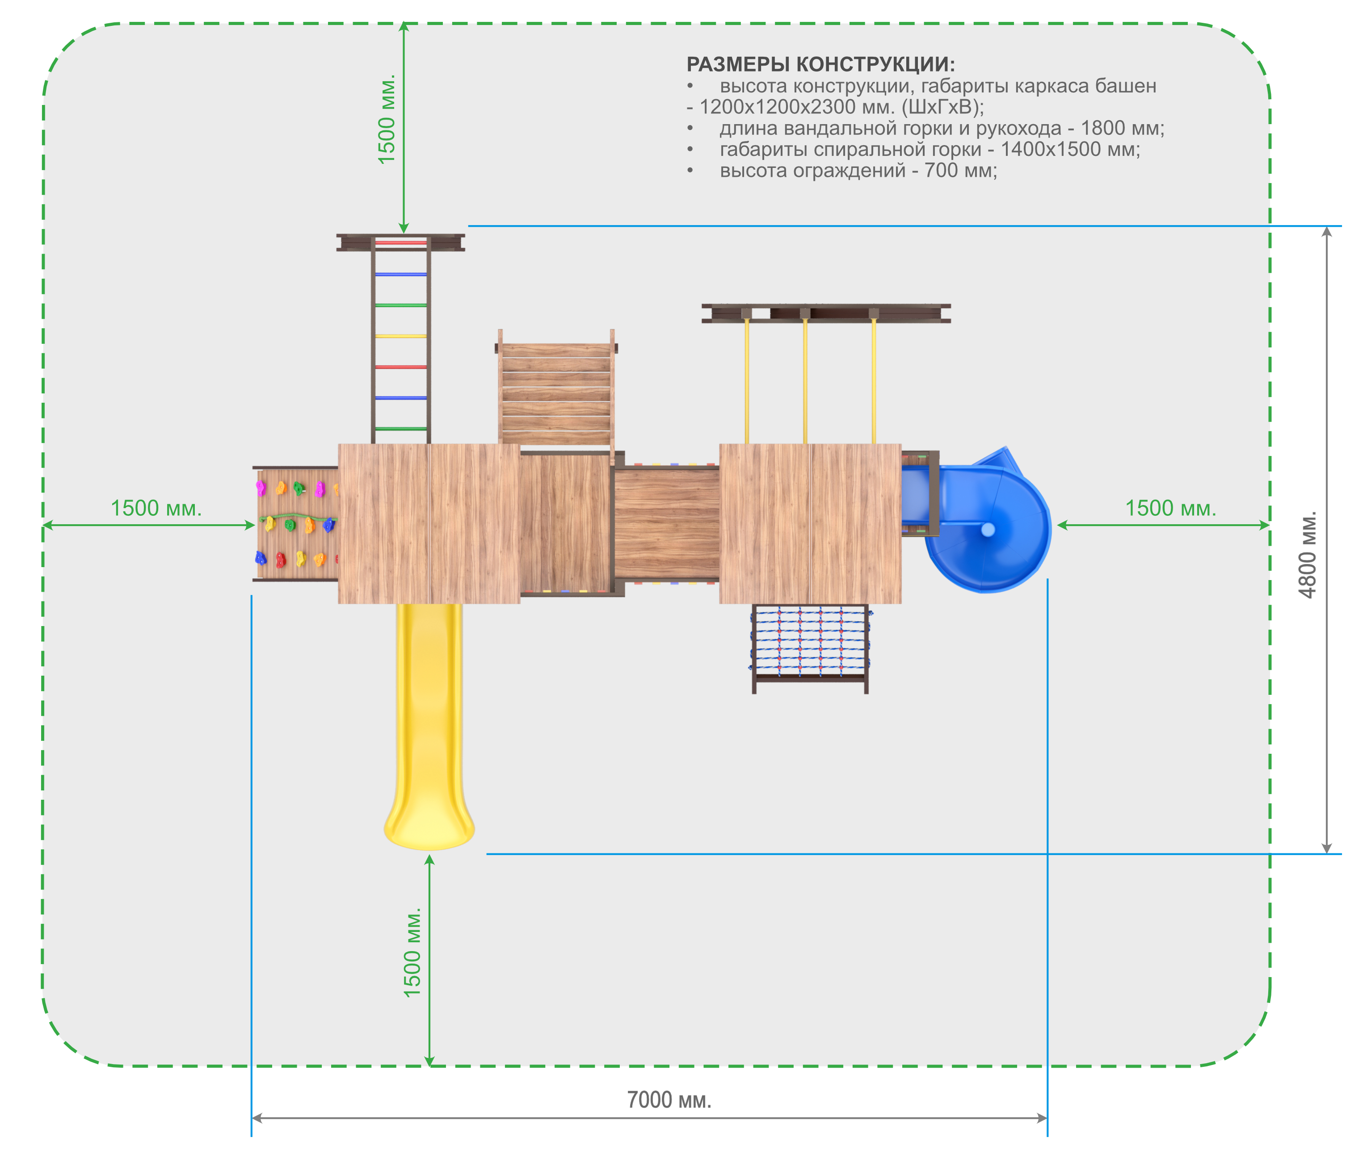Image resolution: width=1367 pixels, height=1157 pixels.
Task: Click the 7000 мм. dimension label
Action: pos(669,1099)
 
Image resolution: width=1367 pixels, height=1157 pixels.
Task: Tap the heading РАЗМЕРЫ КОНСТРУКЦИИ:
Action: pos(820,64)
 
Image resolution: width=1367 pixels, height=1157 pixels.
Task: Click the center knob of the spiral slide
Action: pos(988,529)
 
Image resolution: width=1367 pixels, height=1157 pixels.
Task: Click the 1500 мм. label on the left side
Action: pos(156,508)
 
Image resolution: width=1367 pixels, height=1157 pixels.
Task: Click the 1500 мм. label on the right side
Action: pos(1171,508)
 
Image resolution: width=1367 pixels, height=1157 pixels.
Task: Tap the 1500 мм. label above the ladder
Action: pos(387,119)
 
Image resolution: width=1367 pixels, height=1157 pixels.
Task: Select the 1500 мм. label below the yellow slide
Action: pos(412,953)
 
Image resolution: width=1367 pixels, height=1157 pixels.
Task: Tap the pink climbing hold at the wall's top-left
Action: pos(261,488)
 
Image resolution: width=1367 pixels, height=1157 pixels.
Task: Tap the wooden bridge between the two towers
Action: pos(667,523)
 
